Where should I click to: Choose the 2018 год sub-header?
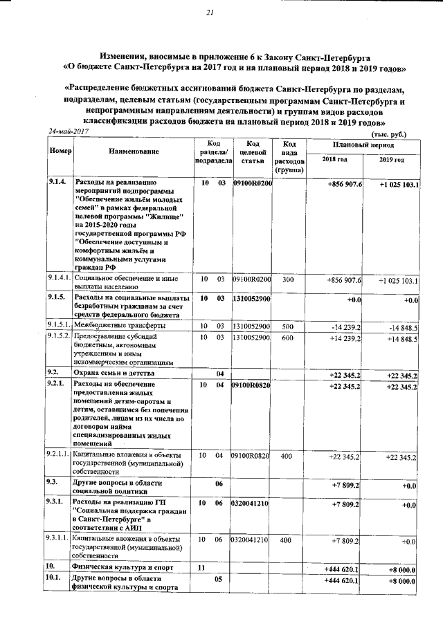(334, 160)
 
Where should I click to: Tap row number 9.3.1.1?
(60, 538)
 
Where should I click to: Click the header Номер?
(60, 151)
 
